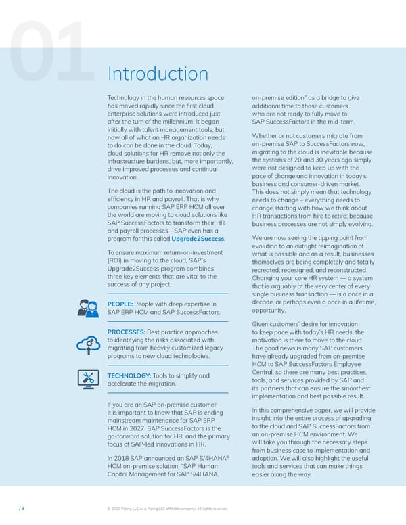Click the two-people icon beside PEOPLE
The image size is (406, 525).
point(89,308)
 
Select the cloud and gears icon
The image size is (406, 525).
point(89,344)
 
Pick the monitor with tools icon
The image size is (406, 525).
point(89,380)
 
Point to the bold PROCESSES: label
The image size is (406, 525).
point(127,332)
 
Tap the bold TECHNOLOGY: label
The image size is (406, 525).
point(130,375)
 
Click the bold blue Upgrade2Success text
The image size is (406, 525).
point(199,239)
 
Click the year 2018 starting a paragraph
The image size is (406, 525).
point(130,458)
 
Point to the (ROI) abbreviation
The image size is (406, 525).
point(117,261)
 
